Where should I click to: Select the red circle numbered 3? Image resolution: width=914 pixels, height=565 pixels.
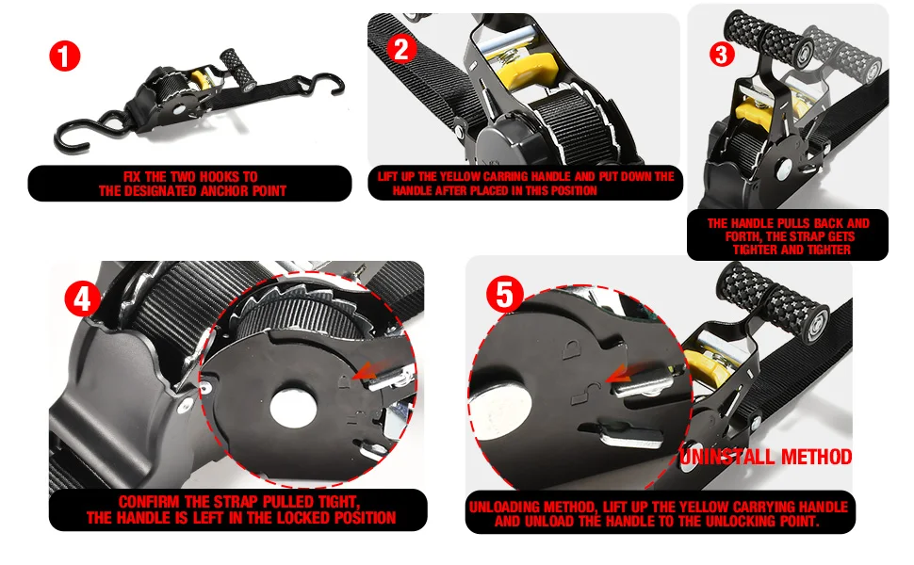pos(722,54)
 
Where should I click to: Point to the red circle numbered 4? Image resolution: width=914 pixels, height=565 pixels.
pos(83,299)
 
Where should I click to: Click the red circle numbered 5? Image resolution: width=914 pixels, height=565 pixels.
pos(505,296)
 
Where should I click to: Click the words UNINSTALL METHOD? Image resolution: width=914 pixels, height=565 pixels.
pos(765,458)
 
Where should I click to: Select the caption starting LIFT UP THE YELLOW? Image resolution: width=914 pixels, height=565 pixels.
pos(525,184)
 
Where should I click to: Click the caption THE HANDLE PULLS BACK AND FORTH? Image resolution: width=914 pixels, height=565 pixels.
pos(788,236)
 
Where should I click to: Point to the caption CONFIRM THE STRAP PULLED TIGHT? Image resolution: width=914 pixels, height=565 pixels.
pos(239,509)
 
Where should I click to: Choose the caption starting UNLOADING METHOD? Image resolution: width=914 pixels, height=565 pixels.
pos(657,513)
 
